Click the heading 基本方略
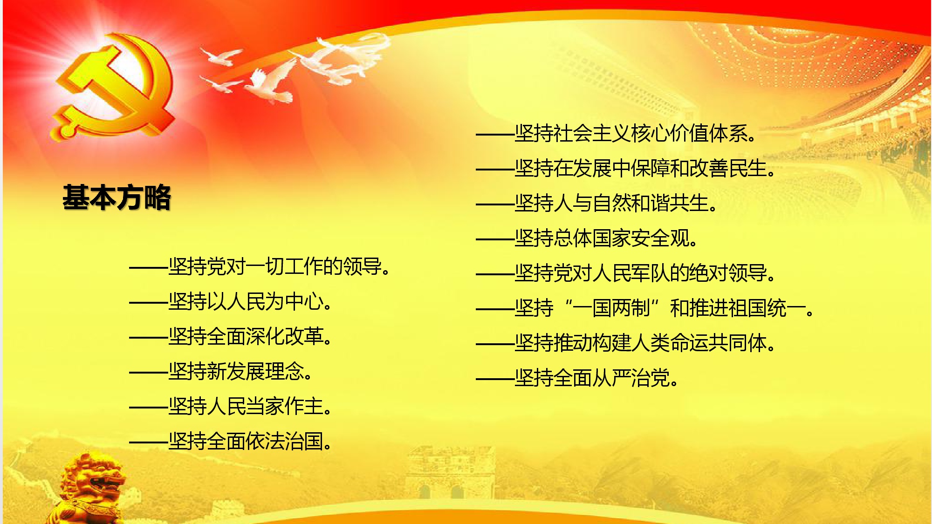[117, 197]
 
